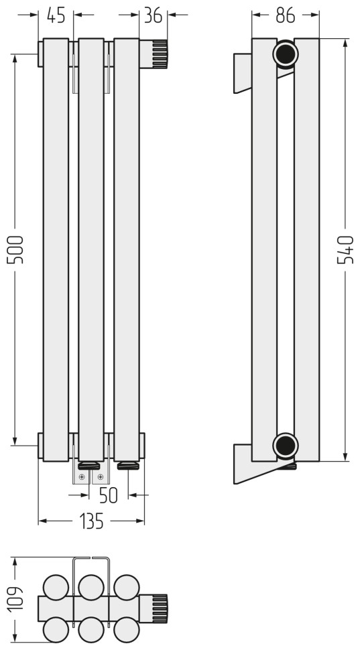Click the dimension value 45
point(56,15)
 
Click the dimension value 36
point(153,15)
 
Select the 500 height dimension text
point(17,249)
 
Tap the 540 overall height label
point(345,249)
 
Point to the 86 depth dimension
point(286,15)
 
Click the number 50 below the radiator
point(109,495)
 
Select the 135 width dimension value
point(91,521)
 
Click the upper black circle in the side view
point(286,54)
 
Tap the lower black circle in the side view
point(286,446)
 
